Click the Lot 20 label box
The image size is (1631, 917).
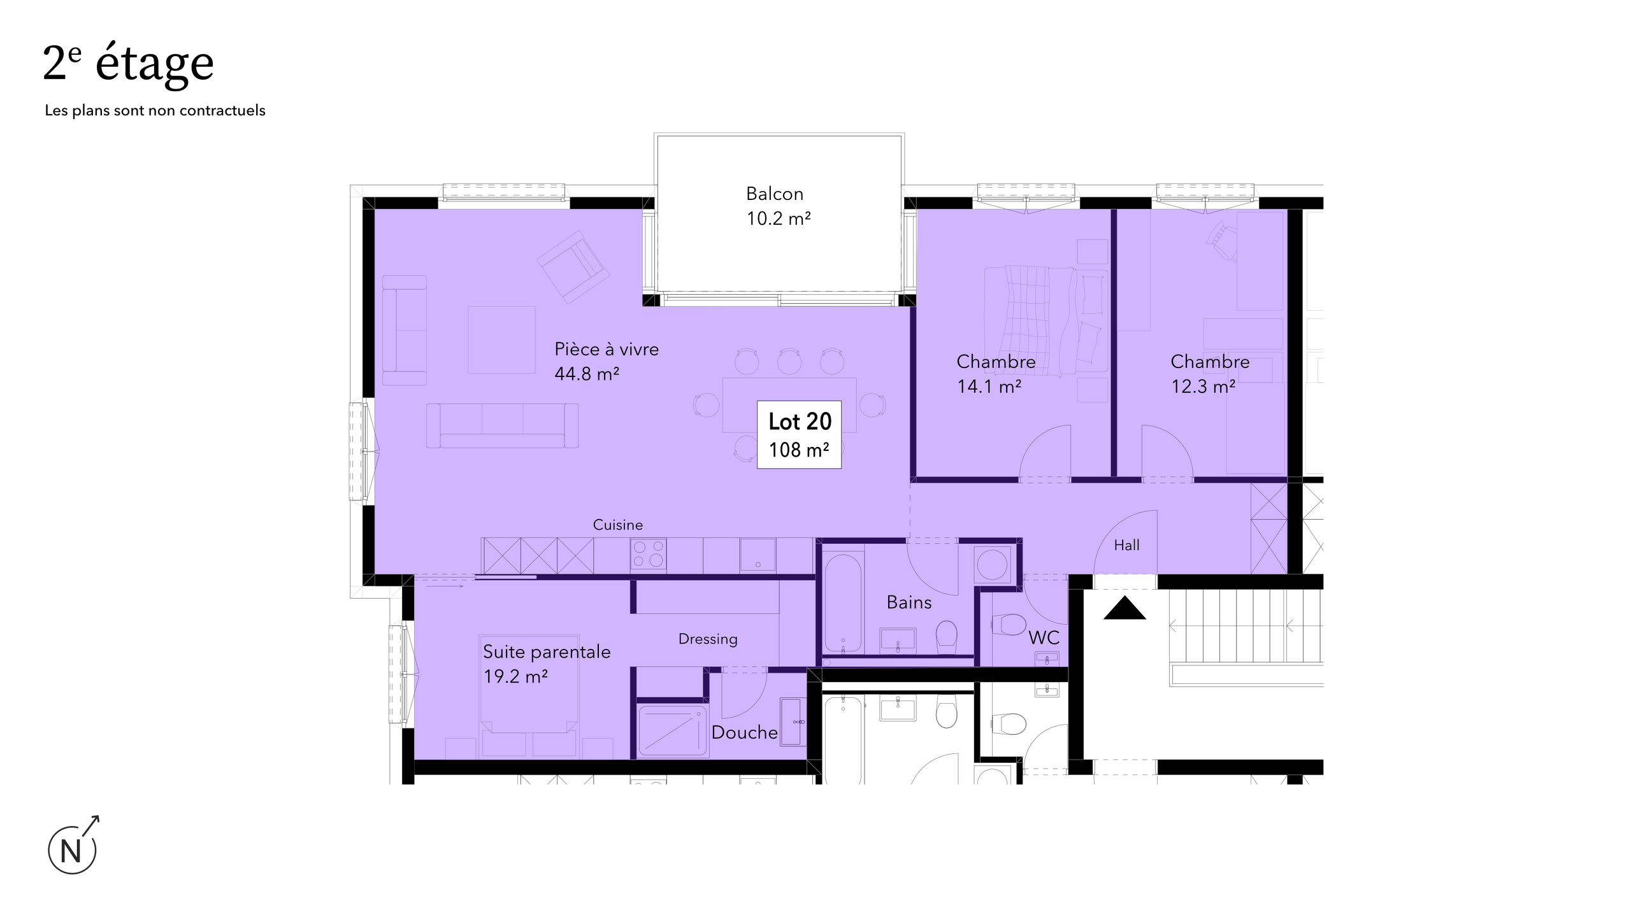(799, 435)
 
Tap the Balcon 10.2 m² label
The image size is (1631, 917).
(778, 206)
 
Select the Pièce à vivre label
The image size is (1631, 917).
(606, 361)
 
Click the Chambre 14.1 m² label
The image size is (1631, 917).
(996, 374)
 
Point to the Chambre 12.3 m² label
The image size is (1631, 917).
(1210, 374)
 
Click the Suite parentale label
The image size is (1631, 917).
(547, 664)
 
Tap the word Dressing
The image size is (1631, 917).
(708, 639)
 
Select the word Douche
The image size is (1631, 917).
(744, 732)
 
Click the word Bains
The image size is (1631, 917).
(909, 602)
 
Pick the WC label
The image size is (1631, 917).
(1044, 637)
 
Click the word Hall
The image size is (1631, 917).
(1126, 545)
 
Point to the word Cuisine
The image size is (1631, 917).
(617, 525)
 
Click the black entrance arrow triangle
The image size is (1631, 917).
(1124, 608)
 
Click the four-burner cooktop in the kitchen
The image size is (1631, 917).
(649, 554)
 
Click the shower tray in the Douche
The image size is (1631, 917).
(673, 730)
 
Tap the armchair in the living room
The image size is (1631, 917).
(573, 267)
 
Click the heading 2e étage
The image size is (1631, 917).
(128, 64)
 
